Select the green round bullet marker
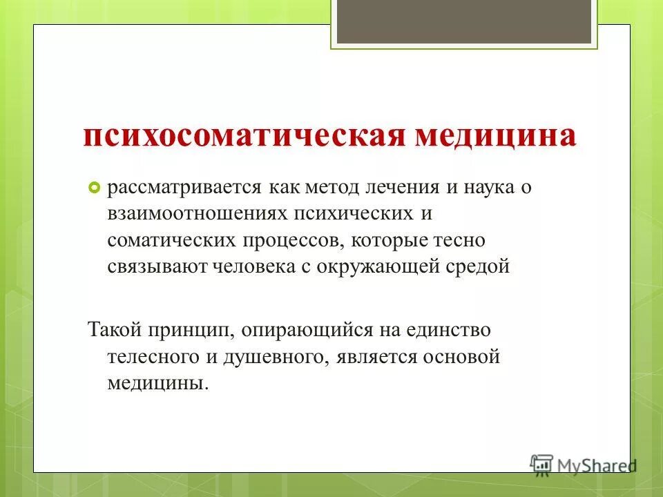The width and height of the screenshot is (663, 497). (95, 188)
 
